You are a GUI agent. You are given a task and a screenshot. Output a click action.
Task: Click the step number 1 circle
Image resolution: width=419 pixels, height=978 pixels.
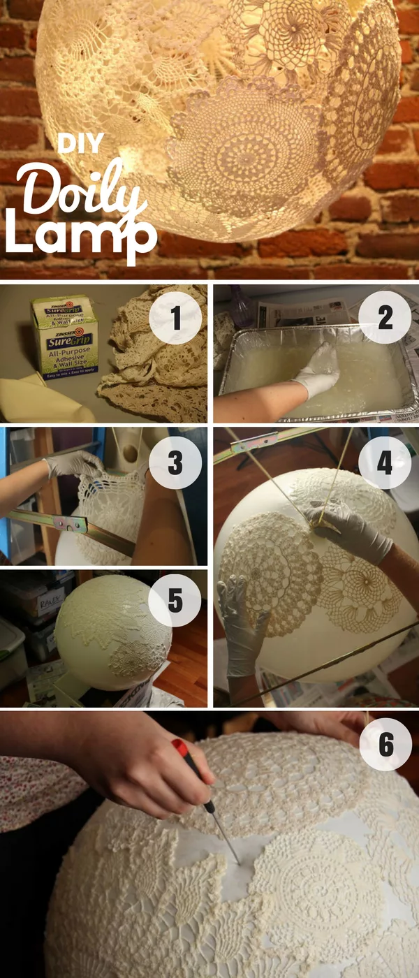175,321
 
